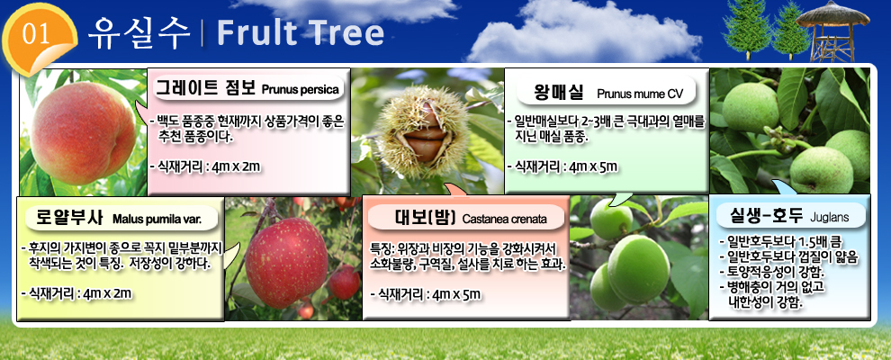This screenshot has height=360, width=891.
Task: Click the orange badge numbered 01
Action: [x=39, y=39]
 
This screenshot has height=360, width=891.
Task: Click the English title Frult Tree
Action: [x=300, y=33]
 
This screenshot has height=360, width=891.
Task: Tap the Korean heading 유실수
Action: [x=139, y=33]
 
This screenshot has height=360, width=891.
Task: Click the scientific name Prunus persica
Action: [x=300, y=90]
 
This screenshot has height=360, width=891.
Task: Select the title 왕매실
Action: [x=555, y=92]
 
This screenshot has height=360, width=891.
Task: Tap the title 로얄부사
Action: [x=69, y=217]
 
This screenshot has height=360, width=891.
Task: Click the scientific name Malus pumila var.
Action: [x=157, y=218]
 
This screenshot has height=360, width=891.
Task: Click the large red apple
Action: [x=286, y=262]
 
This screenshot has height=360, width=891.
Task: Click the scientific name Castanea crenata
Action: [x=505, y=220]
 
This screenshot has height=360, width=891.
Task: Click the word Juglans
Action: [x=830, y=216]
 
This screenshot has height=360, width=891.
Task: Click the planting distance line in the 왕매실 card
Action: [x=562, y=166]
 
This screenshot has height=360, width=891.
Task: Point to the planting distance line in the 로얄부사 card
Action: [x=76, y=293]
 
